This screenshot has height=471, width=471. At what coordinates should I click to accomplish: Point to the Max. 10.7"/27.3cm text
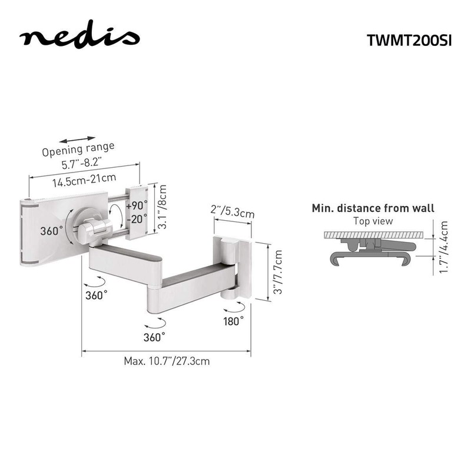pos(167,361)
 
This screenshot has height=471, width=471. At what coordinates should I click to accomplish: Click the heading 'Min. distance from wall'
pos(373,208)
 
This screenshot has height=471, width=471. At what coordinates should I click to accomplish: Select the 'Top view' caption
pos(373,221)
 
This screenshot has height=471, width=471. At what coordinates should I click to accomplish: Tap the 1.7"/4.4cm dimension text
pos(444,247)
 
